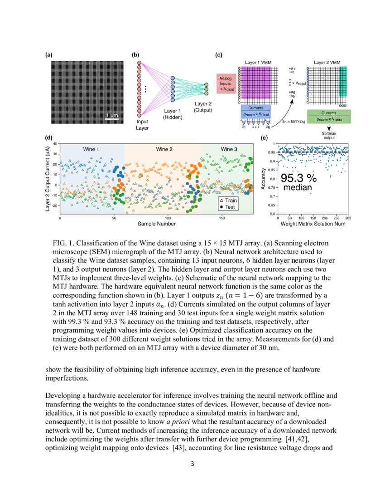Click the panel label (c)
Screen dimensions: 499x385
(x=218, y=55)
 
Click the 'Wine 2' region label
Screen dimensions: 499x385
(x=164, y=149)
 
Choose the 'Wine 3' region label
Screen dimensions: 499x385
(x=229, y=149)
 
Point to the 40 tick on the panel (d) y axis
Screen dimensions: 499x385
(x=56, y=144)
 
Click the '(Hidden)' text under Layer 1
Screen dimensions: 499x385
(x=172, y=117)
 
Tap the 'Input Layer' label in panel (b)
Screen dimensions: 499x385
(x=142, y=125)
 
